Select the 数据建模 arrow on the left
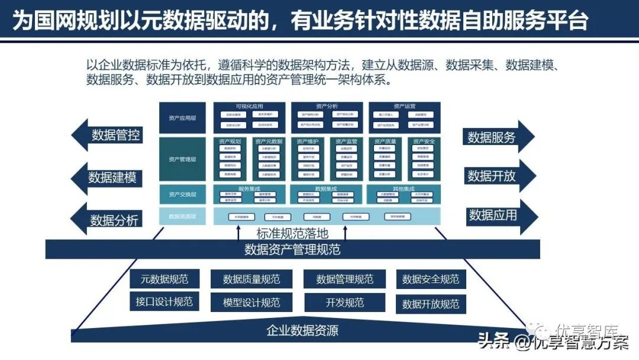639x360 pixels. coord(112,177)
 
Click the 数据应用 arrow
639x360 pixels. coord(493,216)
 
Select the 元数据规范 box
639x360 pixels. coord(164,279)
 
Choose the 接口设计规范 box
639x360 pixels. coord(164,301)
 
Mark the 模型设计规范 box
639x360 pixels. coord(251,302)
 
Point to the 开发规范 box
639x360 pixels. coord(345,302)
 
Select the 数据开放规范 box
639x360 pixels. coord(431,304)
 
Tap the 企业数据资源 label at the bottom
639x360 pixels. coord(302,330)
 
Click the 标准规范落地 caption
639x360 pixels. coord(292,233)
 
